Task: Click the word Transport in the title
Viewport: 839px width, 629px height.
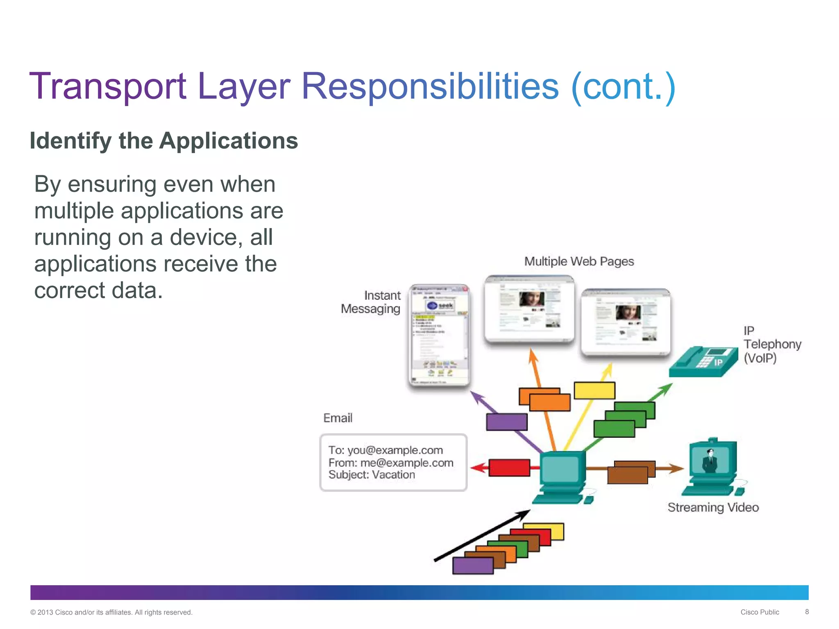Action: (x=108, y=86)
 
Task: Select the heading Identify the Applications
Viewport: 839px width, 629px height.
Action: (x=163, y=141)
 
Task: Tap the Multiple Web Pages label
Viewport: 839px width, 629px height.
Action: (x=579, y=261)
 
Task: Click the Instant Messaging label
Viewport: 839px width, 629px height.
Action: (x=371, y=302)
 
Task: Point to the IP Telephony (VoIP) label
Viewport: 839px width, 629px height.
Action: (x=771, y=344)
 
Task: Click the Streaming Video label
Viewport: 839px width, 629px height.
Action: (x=713, y=507)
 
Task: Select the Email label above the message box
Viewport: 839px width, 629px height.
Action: (x=338, y=418)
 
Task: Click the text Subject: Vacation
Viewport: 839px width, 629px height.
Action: (x=372, y=475)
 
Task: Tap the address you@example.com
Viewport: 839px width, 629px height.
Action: (x=395, y=450)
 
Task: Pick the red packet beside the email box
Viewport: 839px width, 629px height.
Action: (x=509, y=468)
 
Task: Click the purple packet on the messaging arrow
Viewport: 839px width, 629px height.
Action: (x=506, y=422)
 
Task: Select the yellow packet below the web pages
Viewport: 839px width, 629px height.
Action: (x=594, y=391)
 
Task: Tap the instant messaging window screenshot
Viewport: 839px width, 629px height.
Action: (x=439, y=335)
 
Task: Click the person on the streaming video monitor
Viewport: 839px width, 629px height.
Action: (x=710, y=461)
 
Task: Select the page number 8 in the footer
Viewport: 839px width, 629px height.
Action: (x=807, y=612)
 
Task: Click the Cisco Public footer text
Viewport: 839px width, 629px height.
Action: (x=760, y=612)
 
